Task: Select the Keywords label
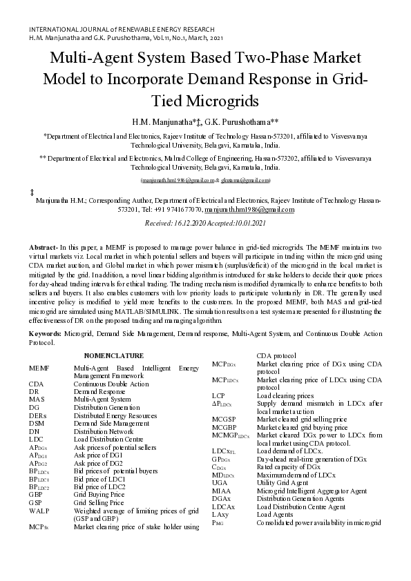[45, 333]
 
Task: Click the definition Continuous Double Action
[111, 384]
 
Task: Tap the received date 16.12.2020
[183, 224]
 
